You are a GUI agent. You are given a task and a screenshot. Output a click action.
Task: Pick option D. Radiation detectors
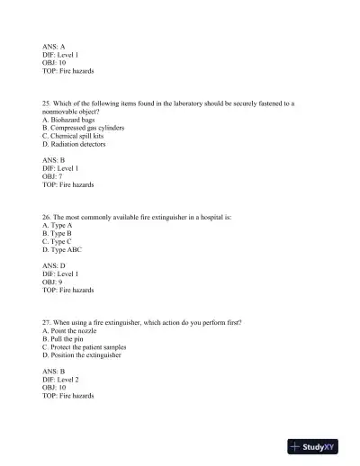pyautogui.click(x=74, y=144)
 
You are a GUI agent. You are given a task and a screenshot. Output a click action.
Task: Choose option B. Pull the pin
pyautogui.click(x=66, y=338)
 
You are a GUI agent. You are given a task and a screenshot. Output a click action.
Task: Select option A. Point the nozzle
pyautogui.click(x=71, y=330)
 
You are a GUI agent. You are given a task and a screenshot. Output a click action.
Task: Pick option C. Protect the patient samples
pyautogui.click(x=84, y=346)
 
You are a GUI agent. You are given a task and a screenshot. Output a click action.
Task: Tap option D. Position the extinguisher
pyautogui.click(x=82, y=354)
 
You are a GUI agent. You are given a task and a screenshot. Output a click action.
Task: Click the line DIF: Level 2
pyautogui.click(x=60, y=380)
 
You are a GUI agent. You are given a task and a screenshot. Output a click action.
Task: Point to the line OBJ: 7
pyautogui.click(x=52, y=176)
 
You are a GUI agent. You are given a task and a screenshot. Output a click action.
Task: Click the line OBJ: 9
pyautogui.click(x=52, y=282)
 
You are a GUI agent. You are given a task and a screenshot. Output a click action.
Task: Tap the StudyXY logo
pyautogui.click(x=318, y=446)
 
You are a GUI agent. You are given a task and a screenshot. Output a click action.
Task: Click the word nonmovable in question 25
pyautogui.click(x=61, y=112)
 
